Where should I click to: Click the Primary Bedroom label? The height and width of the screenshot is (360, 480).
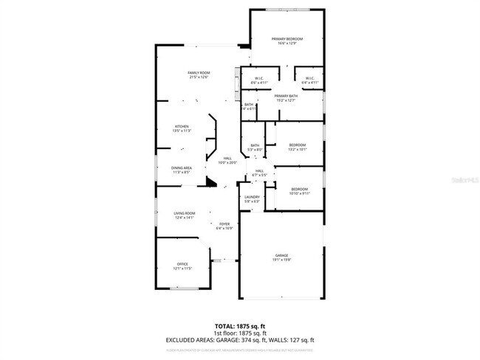[x=287, y=39]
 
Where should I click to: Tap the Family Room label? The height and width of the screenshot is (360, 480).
[x=199, y=73]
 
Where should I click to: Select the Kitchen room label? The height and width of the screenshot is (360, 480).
[x=182, y=127]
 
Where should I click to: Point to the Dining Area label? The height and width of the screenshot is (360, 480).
[x=182, y=168]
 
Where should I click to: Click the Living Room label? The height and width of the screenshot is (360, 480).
[x=183, y=214]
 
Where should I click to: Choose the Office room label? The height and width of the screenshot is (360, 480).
[x=182, y=264]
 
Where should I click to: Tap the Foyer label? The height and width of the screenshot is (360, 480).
[x=224, y=224]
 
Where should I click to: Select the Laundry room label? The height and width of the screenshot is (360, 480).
[x=252, y=198]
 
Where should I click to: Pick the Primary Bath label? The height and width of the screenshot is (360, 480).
[x=286, y=97]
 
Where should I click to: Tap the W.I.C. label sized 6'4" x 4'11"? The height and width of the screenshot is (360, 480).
[x=309, y=78]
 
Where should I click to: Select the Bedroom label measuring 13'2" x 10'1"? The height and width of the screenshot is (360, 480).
[x=298, y=145]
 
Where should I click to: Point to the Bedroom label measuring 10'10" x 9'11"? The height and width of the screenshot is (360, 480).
[x=299, y=189]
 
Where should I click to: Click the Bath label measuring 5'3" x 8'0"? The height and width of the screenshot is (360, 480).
[x=255, y=145]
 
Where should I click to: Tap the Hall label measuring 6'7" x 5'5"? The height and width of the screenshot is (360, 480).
[x=259, y=171]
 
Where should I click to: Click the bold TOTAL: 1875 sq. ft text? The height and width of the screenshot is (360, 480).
[x=240, y=325]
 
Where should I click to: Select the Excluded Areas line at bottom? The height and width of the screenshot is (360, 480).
[x=240, y=340]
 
